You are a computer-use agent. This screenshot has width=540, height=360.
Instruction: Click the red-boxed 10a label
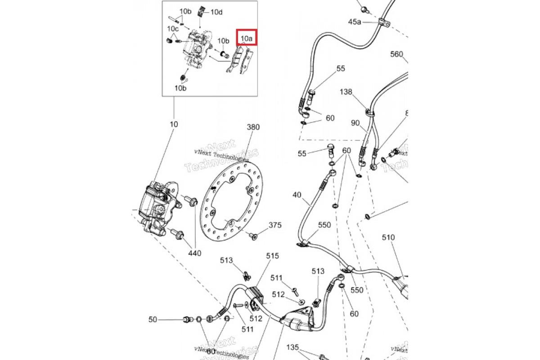pos(247,38)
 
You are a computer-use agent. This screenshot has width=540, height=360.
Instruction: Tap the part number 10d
pos(216,12)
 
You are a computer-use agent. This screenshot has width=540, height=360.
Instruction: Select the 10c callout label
pos(173,29)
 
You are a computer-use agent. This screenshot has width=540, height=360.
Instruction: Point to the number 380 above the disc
pos(253,127)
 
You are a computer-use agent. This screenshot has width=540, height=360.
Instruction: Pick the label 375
pos(275,225)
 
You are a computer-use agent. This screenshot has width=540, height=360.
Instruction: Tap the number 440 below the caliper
pos(195,253)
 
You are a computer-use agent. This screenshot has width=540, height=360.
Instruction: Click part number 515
pos(272,256)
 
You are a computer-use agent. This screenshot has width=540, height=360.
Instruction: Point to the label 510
pos(388,237)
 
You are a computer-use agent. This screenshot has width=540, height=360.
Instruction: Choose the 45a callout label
pos(355,22)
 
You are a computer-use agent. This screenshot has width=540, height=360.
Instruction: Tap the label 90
pos(355,123)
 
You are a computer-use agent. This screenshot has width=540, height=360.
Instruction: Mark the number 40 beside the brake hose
pos(297,195)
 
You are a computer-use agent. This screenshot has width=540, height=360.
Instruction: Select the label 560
pos(396,54)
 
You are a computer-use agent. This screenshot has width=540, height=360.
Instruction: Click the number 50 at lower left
pos(153,319)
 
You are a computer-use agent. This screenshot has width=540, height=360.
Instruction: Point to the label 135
pos(293,347)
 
